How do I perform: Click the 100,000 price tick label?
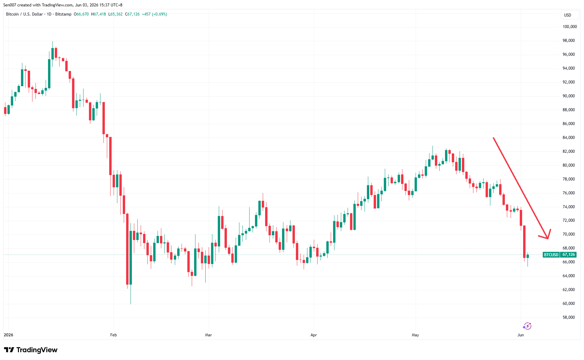coord(569,27)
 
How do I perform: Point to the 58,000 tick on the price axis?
coord(568,317)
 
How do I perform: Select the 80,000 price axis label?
coord(568,165)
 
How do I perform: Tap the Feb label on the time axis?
coord(114,335)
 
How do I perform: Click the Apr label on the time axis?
coord(314,335)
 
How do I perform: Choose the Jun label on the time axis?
coord(521,335)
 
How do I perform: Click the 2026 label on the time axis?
coord(8,335)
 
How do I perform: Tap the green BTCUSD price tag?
coord(551,255)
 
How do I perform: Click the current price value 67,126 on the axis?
coord(568,255)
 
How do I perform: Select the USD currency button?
coord(567,15)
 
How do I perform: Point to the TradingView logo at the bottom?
coord(31,350)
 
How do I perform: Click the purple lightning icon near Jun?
coord(527,326)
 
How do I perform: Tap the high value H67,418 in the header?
coord(98,14)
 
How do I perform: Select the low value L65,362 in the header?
coord(115,14)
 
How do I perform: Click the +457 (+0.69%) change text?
coord(155,14)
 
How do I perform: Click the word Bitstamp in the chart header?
coord(63,14)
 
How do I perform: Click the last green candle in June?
coord(528,257)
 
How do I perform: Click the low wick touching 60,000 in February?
coord(131,294)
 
